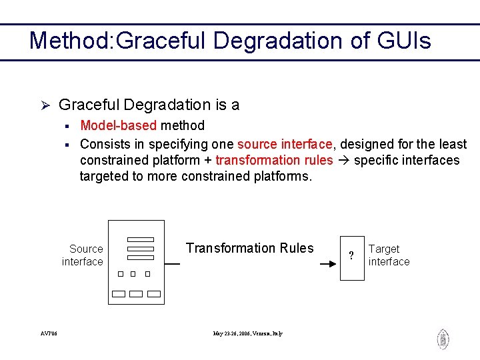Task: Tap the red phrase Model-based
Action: [118, 125]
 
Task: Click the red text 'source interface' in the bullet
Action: [285, 144]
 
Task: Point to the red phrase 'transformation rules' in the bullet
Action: [274, 160]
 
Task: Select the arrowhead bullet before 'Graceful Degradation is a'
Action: [45, 105]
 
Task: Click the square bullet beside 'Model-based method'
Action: [67, 126]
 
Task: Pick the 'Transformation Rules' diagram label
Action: [249, 248]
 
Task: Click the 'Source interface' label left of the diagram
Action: [83, 255]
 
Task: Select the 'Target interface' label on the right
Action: [389, 255]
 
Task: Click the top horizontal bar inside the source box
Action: [141, 239]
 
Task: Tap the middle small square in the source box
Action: [133, 274]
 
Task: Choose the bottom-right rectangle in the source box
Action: [154, 294]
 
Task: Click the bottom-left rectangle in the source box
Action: [119, 294]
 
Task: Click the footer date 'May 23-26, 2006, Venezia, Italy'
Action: [247, 333]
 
